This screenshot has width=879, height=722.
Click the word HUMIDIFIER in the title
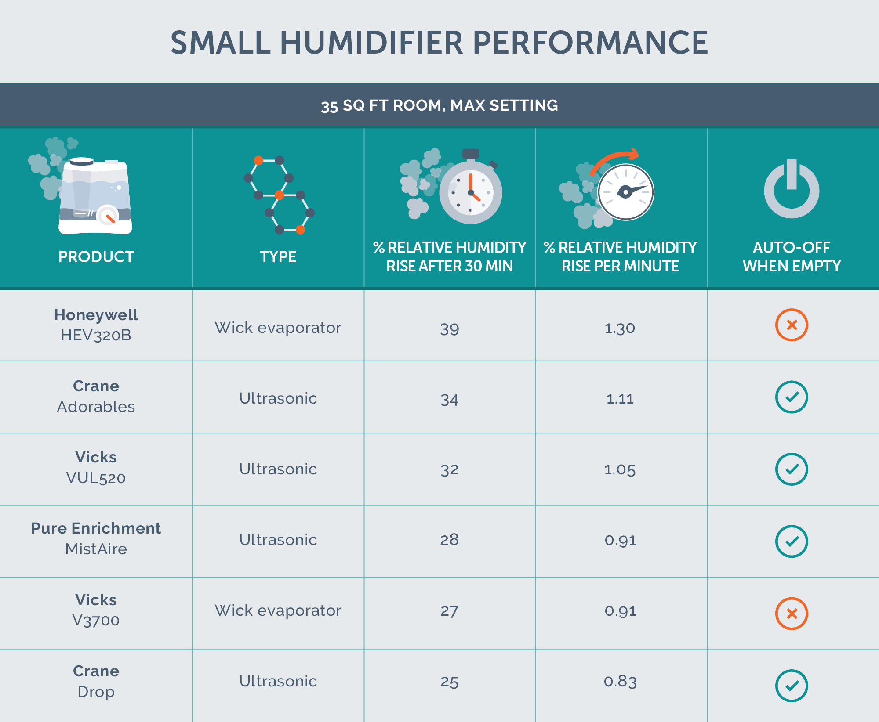coord(371,43)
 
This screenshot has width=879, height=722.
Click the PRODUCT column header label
coord(96,256)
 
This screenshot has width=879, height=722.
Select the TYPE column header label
coord(278,256)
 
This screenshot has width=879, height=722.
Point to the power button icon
coord(792,189)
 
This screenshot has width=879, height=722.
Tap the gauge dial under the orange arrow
coord(625,192)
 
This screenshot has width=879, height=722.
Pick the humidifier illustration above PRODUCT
coord(95,195)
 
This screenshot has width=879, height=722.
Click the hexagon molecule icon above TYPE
coord(279,195)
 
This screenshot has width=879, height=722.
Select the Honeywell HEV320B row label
coord(96,325)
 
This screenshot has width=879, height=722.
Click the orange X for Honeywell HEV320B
coord(792,325)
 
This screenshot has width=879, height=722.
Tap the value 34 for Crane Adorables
coord(449,399)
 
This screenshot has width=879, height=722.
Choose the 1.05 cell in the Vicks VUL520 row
coord(620,469)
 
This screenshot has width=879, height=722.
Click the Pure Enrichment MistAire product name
coord(96,538)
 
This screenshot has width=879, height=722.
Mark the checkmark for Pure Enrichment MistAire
coord(792,541)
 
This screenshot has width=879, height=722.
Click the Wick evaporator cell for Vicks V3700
coord(278,610)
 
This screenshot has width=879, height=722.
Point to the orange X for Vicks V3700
coord(792,614)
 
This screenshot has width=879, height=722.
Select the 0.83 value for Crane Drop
coord(620,681)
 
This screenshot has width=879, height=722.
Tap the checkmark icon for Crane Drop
coord(792,686)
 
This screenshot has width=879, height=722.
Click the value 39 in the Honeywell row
coord(449,329)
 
